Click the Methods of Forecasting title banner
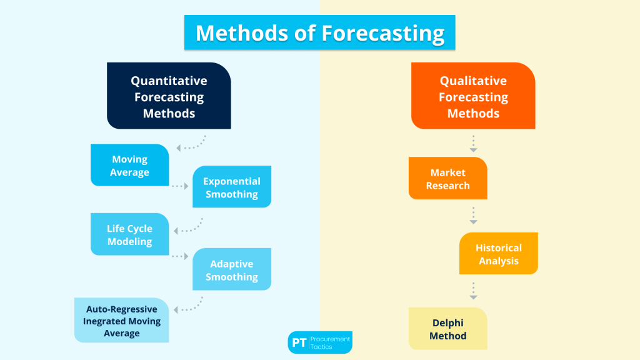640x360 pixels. coord(319,32)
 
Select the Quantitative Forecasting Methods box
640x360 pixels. coord(169,96)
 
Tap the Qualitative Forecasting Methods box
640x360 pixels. coord(473,96)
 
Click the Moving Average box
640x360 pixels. coord(129,166)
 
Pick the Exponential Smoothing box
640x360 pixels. coord(232,187)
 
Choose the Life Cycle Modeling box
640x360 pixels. coord(129,234)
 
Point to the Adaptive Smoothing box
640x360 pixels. coord(232,269)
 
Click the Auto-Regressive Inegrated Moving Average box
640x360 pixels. coord(122,320)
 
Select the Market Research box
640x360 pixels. coord(447,179)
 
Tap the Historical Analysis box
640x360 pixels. coord(499,254)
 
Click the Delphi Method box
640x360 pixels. coord(447,329)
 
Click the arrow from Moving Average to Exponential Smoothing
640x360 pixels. coord(180,186)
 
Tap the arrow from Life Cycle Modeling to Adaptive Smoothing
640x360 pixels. coord(180,256)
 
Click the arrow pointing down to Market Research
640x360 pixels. coord(474,144)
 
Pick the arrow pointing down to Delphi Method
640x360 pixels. coord(474,291)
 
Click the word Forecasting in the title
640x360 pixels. coord(382,32)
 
